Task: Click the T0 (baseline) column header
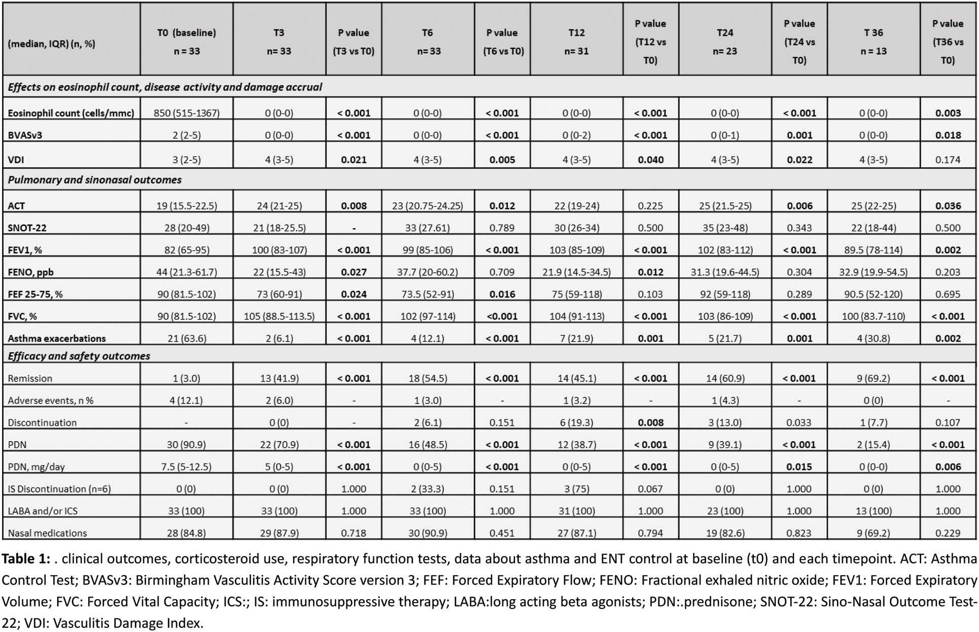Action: (186, 41)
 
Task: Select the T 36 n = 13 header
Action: (873, 41)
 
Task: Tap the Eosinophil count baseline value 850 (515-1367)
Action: (186, 113)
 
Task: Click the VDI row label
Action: (16, 159)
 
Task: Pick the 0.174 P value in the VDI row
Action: (948, 159)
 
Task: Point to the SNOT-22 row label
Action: (27, 228)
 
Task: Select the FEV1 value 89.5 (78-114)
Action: (873, 250)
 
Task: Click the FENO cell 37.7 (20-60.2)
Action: (427, 272)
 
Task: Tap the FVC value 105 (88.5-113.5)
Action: (279, 316)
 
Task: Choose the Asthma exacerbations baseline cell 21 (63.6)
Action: (186, 339)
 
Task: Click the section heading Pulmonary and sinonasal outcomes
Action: (95, 180)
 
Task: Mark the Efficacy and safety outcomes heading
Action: (79, 356)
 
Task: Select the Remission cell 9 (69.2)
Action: (873, 378)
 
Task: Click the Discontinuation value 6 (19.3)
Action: (576, 423)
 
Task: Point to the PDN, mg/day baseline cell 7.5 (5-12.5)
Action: (186, 467)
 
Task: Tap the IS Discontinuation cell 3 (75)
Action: (576, 489)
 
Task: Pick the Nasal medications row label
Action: (47, 533)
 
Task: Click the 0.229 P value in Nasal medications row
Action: (948, 533)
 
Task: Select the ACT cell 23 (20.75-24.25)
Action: (427, 206)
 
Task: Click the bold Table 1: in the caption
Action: (26, 559)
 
